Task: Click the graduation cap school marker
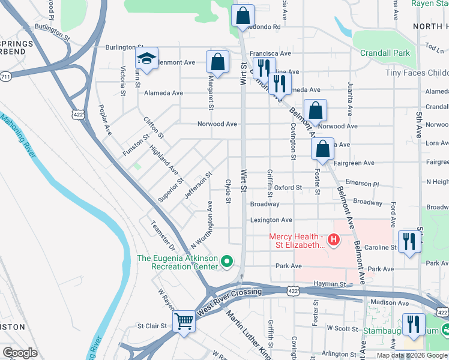(x=146, y=59)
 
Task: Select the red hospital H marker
(x=333, y=241)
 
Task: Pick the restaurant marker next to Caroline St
(x=409, y=242)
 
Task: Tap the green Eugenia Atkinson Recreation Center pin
(x=227, y=262)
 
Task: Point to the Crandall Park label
(x=385, y=53)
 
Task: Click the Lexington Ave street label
(x=271, y=220)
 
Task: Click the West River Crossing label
(x=229, y=294)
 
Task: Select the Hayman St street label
(x=331, y=284)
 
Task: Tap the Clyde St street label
(x=228, y=191)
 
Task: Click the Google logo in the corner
(x=20, y=353)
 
